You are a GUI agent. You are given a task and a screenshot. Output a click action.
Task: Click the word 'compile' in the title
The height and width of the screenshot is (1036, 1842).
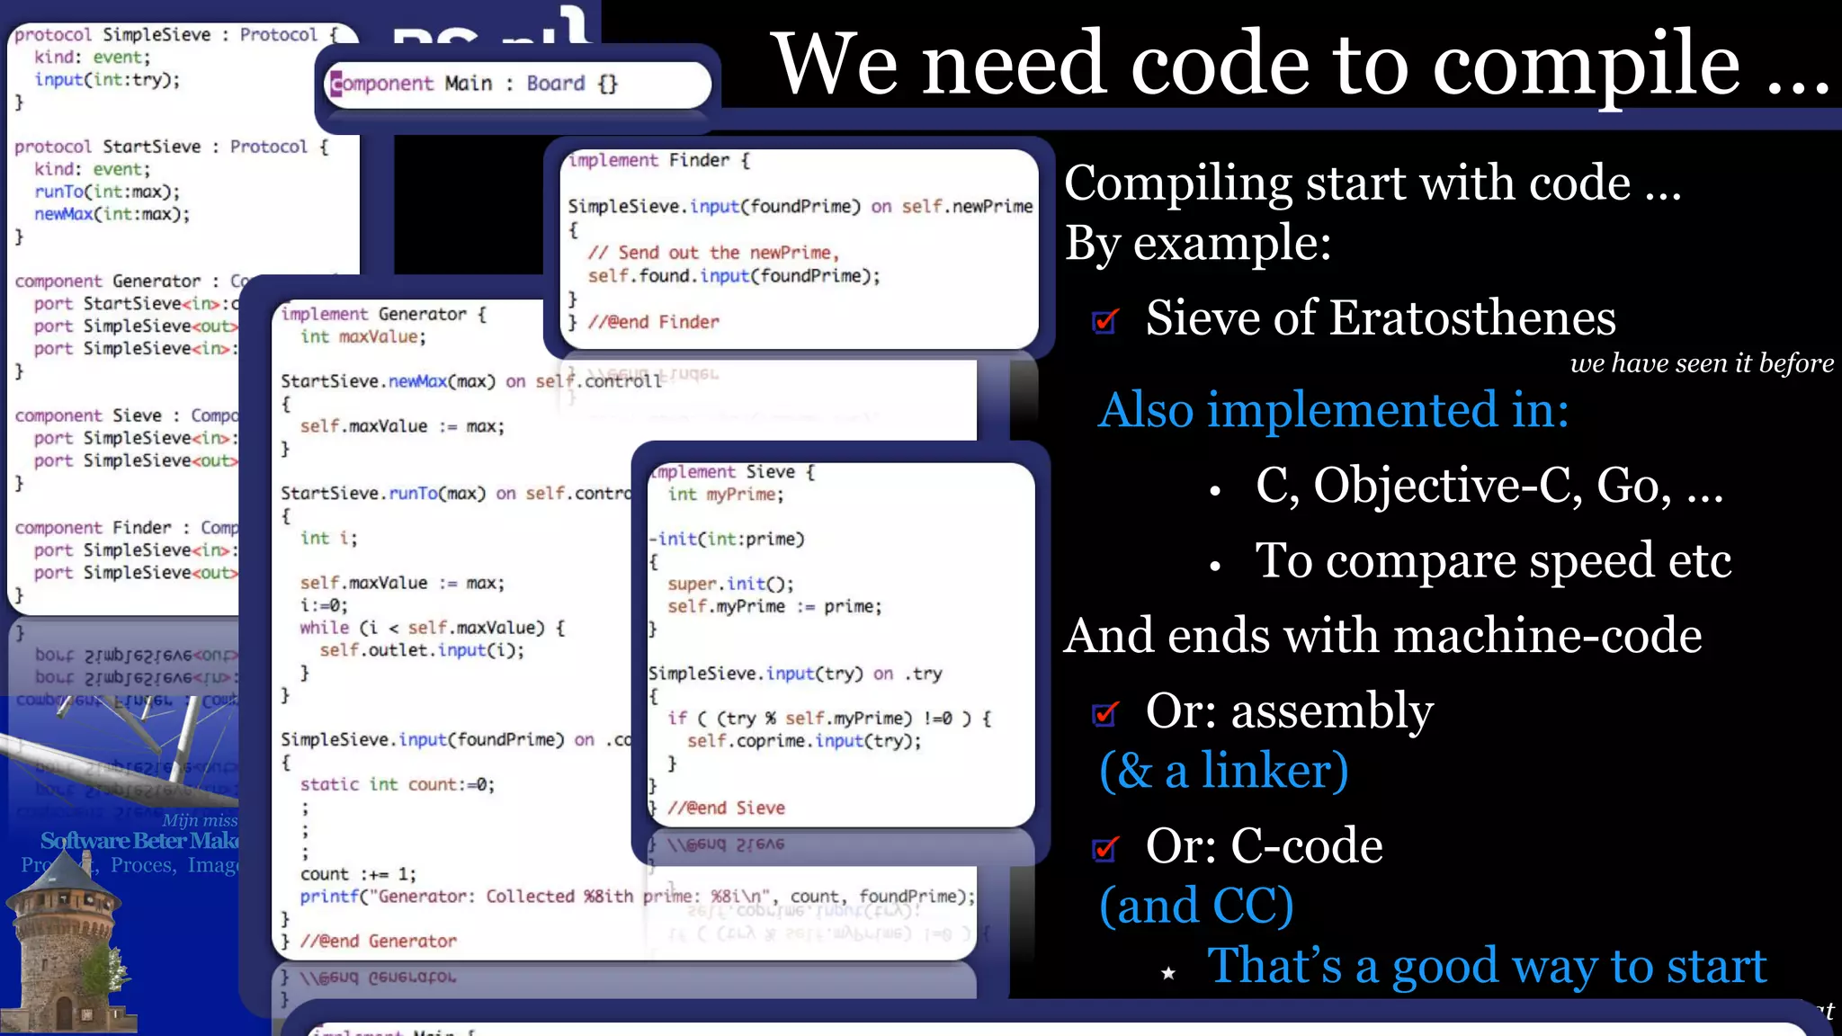click(1586, 65)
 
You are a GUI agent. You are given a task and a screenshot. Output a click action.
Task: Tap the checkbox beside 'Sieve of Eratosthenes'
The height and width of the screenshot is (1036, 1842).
click(1105, 321)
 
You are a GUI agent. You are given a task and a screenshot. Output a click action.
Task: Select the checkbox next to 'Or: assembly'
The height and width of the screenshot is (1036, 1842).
click(1105, 714)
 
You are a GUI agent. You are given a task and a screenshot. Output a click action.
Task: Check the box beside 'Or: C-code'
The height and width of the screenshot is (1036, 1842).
click(1105, 849)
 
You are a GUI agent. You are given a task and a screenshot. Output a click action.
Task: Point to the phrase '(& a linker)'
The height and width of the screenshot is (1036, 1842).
click(1223, 771)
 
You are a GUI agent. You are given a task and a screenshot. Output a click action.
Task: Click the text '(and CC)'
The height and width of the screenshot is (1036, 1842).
click(1196, 906)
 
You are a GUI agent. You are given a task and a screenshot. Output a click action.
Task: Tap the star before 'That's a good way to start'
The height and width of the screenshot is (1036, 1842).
click(1168, 973)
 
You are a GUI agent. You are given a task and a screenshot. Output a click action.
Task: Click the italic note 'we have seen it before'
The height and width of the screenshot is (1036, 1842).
click(1702, 363)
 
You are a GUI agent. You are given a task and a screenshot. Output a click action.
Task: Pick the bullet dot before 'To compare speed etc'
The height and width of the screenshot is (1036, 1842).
click(1215, 566)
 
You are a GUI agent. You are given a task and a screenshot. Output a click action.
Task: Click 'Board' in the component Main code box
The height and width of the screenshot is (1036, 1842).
click(555, 84)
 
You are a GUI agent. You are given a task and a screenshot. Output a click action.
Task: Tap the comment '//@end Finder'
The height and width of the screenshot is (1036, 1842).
click(653, 322)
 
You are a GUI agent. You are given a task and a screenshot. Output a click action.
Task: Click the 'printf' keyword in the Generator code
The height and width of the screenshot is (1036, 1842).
click(329, 897)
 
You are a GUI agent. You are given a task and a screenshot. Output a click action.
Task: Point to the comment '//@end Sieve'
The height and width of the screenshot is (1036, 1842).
click(726, 808)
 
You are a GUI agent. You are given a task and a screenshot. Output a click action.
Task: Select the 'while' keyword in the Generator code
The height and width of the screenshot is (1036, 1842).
click(324, 628)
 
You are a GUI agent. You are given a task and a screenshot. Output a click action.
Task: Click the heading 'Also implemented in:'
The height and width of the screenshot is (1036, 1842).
click(1333, 410)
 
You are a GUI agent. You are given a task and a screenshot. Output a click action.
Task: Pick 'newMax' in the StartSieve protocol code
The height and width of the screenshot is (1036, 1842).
click(63, 214)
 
